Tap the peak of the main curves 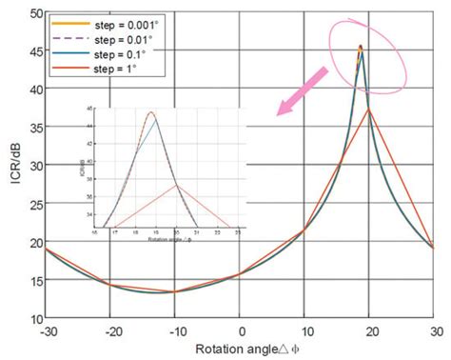361,45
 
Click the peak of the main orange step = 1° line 369,110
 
